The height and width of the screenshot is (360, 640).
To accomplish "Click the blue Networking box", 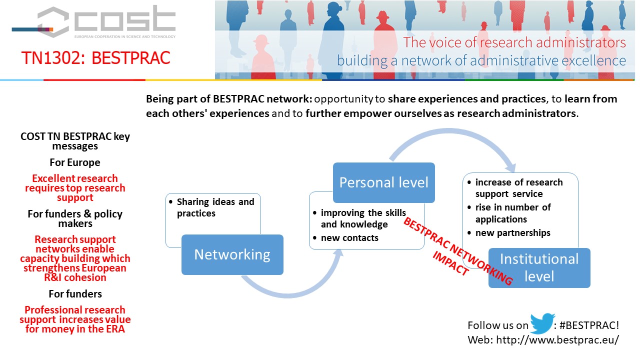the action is pyautogui.click(x=232, y=254).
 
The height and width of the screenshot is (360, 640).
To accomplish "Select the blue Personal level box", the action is pyautogui.click(x=383, y=182).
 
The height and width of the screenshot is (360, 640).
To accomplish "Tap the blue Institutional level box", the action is pyautogui.click(x=539, y=267).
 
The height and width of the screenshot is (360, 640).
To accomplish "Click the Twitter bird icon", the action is pyautogui.click(x=542, y=323).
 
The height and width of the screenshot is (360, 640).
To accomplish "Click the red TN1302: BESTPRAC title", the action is pyautogui.click(x=95, y=57).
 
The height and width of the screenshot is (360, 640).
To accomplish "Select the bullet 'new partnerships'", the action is pyautogui.click(x=512, y=233).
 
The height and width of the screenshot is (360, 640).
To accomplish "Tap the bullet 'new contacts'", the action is pyautogui.click(x=349, y=237).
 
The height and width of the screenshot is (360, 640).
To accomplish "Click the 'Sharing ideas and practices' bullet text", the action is pyautogui.click(x=215, y=207).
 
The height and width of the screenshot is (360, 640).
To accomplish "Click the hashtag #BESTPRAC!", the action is pyautogui.click(x=589, y=325).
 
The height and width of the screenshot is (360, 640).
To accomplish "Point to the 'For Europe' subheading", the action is pyautogui.click(x=75, y=162).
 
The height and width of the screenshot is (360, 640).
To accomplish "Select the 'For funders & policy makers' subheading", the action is pyautogui.click(x=75, y=218).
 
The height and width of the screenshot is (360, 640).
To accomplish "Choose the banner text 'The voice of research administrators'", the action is pyautogui.click(x=514, y=42).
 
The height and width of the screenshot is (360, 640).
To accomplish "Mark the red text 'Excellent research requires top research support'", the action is pyautogui.click(x=75, y=188).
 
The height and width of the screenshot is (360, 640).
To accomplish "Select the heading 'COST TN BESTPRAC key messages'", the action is pyautogui.click(x=75, y=141).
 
